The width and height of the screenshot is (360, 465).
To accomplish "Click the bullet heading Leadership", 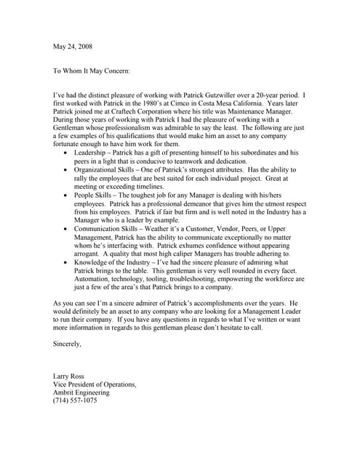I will (x=92, y=153).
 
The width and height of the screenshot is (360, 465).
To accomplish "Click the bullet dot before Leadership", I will (x=68, y=153).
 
